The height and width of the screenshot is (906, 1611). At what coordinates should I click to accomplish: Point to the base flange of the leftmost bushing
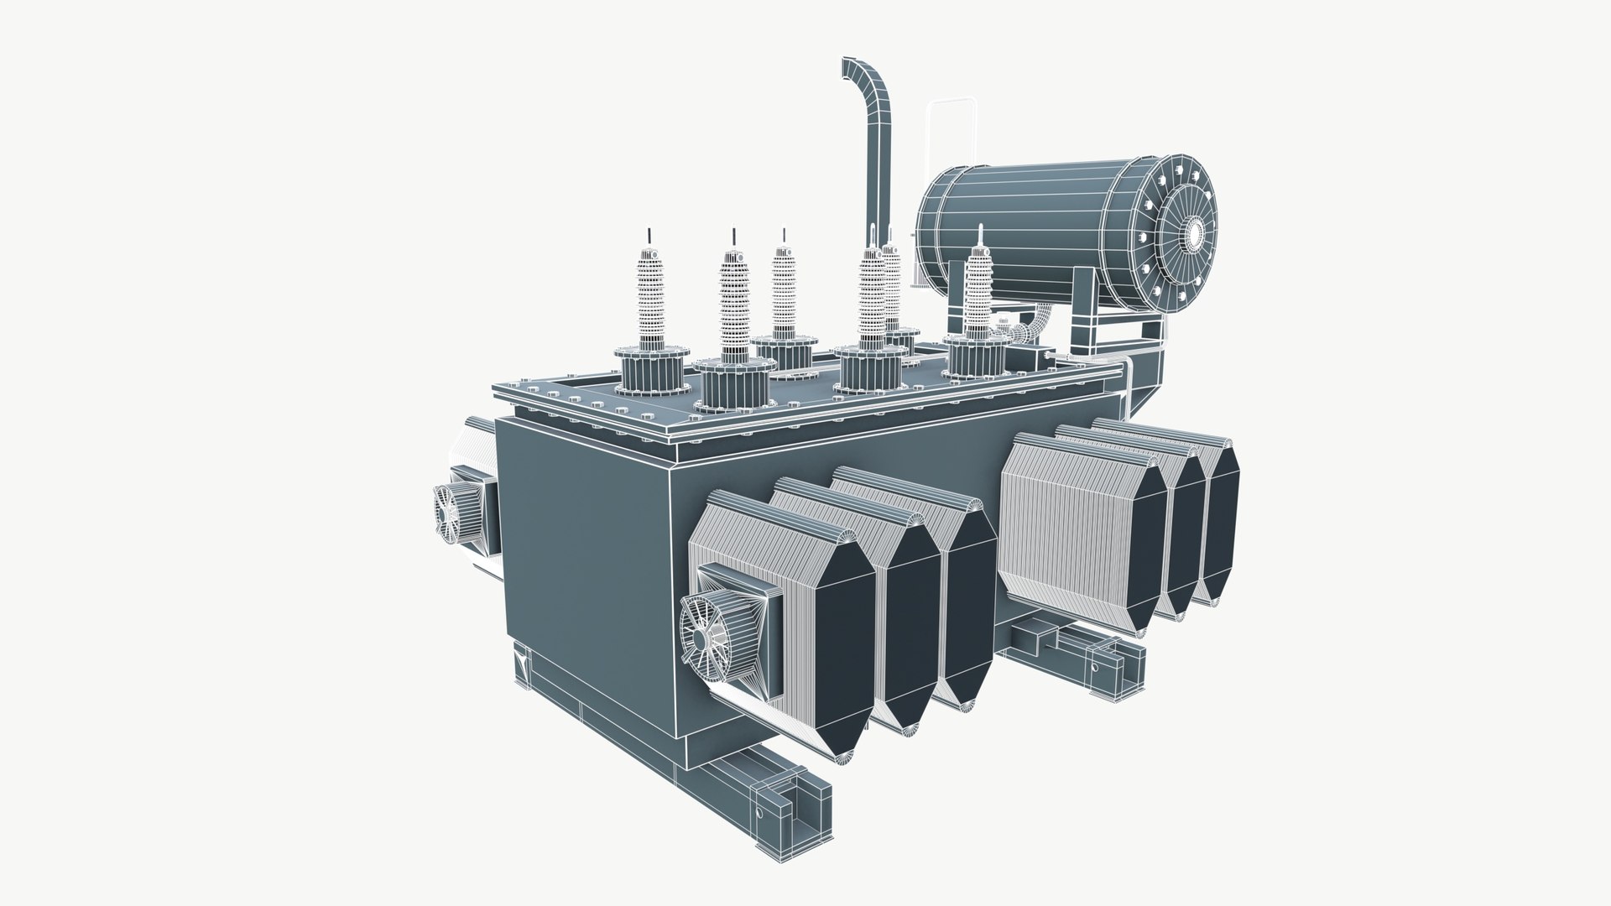click(x=651, y=370)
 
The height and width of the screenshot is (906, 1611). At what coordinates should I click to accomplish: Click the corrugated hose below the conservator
click(x=1036, y=323)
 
